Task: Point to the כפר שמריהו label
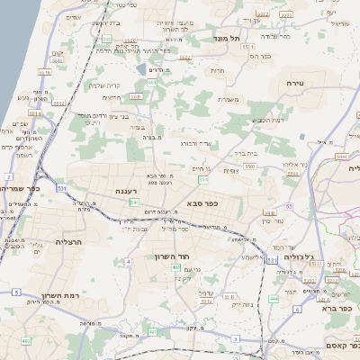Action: point(24,189)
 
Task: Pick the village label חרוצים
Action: point(112,97)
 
